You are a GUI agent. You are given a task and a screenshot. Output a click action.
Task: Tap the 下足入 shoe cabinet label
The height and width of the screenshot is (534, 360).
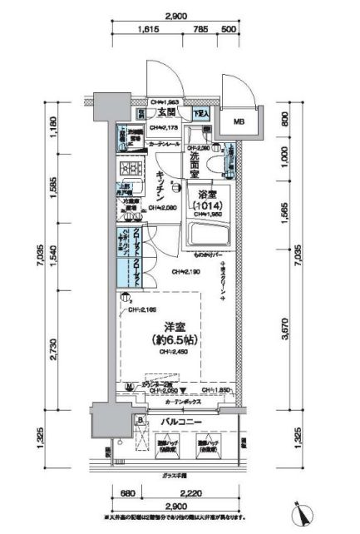202,112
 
